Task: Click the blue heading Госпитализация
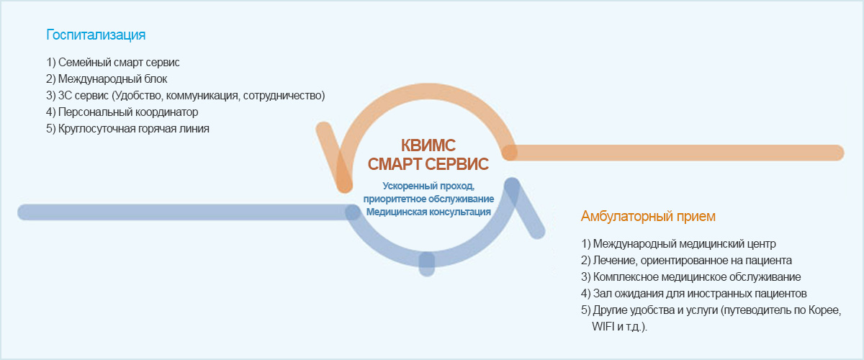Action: (96, 35)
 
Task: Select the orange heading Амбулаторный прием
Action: (648, 217)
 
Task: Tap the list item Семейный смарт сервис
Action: (112, 63)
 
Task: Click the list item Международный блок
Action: (107, 79)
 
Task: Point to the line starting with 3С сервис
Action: (185, 96)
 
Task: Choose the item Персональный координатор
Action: (122, 112)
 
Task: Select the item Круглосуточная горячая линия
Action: (127, 129)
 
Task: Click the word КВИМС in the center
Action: (428, 145)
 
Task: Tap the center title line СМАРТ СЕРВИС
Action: (428, 164)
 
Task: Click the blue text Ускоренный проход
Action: (428, 186)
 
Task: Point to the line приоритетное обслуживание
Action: (428, 199)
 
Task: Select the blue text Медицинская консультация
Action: (428, 212)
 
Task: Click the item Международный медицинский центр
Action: (678, 244)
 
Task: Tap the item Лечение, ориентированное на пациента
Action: (687, 261)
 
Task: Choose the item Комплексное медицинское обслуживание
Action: (690, 277)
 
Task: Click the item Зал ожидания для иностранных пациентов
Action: (694, 294)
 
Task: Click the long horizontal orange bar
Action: (672, 153)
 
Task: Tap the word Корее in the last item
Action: (824, 310)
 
